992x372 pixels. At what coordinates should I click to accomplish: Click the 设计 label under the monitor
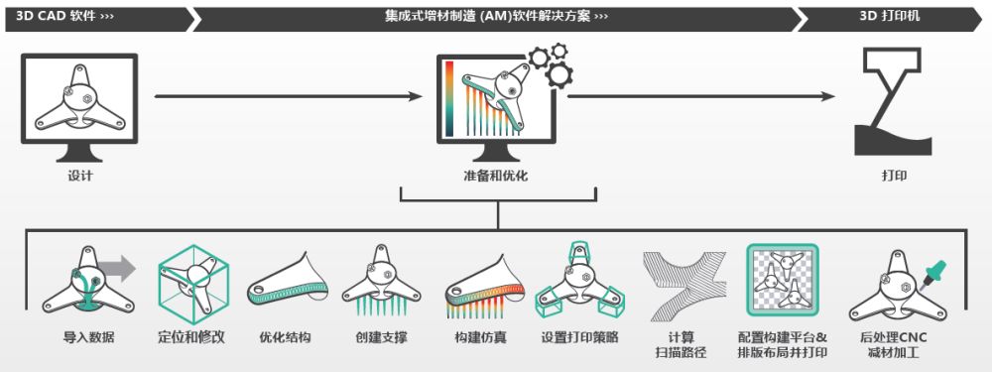coord(80,177)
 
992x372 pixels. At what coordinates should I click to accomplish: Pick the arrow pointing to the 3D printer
coord(699,96)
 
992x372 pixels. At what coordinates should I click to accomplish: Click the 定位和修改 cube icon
coord(194,280)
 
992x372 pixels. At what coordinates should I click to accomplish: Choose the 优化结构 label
coord(285,337)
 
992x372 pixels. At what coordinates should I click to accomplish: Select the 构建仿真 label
coord(481,337)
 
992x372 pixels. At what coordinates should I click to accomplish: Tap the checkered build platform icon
coord(782,281)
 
